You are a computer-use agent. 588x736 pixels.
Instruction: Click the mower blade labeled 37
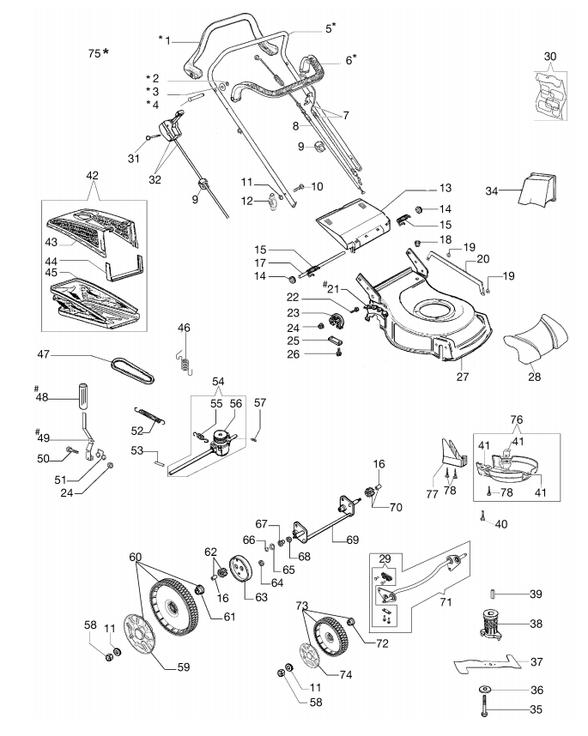pos(488,664)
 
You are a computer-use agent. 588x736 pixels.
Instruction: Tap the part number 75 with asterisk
pos(99,53)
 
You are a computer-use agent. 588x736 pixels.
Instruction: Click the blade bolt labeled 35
pos(485,707)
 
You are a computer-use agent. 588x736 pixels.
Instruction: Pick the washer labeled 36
pos(485,689)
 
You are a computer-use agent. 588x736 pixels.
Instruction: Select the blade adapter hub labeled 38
pos(491,623)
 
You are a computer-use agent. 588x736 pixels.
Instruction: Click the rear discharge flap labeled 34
pos(536,189)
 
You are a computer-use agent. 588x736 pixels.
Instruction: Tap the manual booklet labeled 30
pos(550,95)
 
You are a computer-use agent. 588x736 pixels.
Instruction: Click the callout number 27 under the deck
pos(463,377)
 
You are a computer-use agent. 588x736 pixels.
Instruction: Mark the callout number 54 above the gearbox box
pos(218,381)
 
